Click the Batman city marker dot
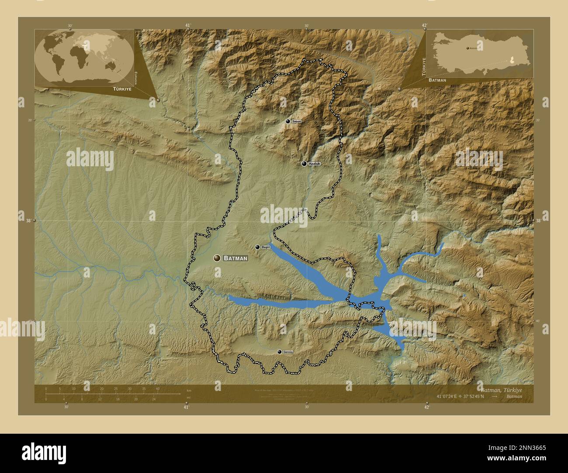217,258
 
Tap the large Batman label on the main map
236,258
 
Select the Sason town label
297,121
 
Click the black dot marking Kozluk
304,164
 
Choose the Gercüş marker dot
280,352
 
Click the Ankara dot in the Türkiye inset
468,48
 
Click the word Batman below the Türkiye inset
437,81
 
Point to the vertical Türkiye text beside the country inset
423,66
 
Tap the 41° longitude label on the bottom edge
186,408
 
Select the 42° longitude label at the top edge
424,25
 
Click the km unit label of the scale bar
189,390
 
